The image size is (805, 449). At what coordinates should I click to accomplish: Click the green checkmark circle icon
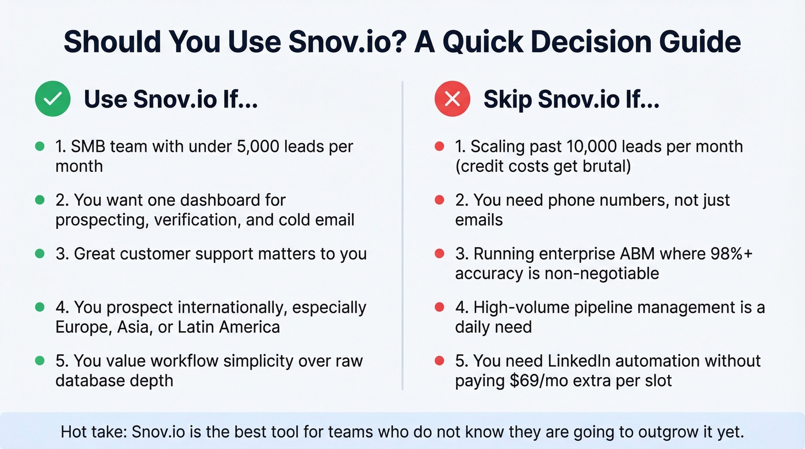[x=52, y=99]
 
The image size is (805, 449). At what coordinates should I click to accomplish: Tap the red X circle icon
[x=452, y=99]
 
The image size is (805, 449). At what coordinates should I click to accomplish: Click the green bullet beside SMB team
[x=40, y=147]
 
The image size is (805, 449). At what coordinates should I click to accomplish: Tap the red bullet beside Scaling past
[x=439, y=147]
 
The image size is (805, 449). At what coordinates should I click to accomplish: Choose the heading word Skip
[x=506, y=99]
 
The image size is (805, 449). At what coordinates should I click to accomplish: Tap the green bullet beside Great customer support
[x=40, y=254]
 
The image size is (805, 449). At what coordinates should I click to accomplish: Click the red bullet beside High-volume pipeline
[x=439, y=308]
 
